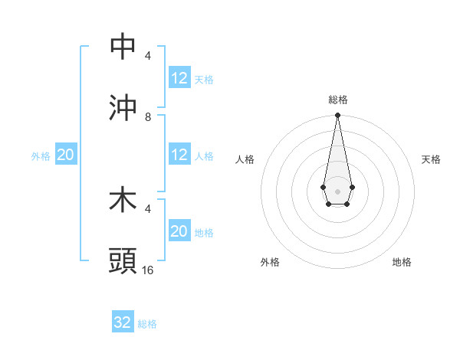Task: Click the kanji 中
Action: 123,47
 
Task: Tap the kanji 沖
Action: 123,108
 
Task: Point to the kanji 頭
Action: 123,261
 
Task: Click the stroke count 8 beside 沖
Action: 148,117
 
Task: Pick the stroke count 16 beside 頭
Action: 148,270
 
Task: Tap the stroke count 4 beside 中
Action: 148,56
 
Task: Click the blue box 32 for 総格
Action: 123,322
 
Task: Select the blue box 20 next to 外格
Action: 65,155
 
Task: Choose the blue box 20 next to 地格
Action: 179,231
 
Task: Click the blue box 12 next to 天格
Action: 179,78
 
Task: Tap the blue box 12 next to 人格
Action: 179,155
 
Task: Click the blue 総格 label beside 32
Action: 147,324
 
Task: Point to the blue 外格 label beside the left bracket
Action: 41,155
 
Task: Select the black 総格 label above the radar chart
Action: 338,100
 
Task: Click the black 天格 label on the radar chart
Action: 431,159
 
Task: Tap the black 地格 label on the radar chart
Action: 402,262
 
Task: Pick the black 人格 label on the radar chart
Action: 245,159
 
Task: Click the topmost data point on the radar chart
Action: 337,116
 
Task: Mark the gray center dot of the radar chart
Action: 337,190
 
